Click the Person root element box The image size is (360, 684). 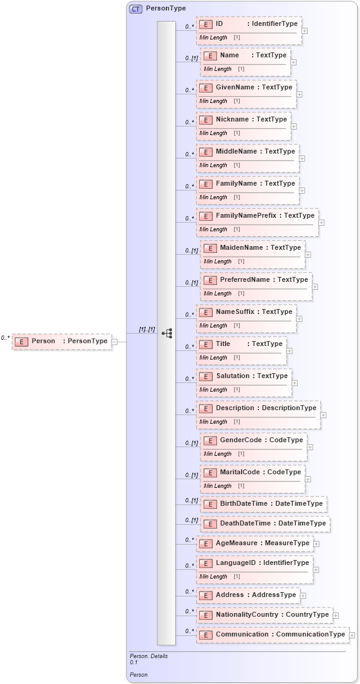click(x=62, y=341)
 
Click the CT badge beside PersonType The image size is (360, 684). click(x=135, y=9)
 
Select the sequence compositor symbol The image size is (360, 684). click(x=166, y=333)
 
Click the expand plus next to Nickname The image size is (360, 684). click(x=294, y=126)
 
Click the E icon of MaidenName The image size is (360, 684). click(x=210, y=248)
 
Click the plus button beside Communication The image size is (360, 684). click(x=352, y=635)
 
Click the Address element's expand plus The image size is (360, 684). click(x=303, y=596)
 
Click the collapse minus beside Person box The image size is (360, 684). click(x=115, y=342)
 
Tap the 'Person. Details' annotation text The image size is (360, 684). click(x=149, y=656)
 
